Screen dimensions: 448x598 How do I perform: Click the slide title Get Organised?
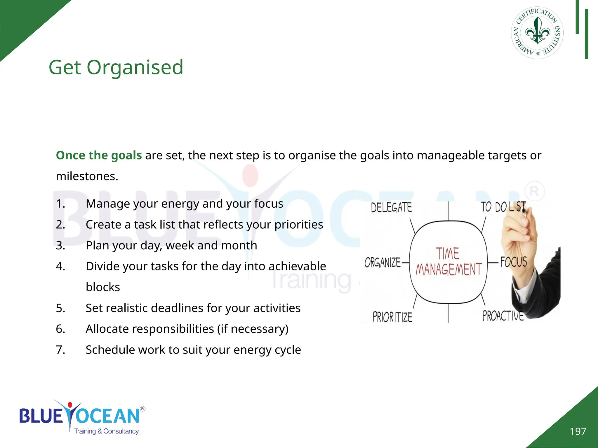[116, 67]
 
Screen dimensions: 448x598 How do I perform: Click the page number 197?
[578, 431]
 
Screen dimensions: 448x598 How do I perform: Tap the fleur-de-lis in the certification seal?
[537, 31]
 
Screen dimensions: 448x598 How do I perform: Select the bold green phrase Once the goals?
[99, 155]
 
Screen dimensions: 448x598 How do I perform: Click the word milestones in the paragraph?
[87, 176]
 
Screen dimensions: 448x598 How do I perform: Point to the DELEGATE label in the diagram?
[391, 207]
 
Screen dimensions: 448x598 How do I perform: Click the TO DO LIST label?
[503, 207]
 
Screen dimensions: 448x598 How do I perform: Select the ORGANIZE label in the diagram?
[383, 262]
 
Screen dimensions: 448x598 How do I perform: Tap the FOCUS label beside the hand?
[514, 262]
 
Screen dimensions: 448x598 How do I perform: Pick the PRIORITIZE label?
[392, 317]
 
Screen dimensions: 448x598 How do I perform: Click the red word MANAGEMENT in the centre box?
[448, 269]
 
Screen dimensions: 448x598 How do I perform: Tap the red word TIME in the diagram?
[447, 253]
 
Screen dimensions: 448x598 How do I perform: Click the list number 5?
[60, 308]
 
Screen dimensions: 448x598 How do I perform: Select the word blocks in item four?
[103, 287]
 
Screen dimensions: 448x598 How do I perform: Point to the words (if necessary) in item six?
[253, 329]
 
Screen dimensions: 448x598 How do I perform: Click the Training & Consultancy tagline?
[106, 431]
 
